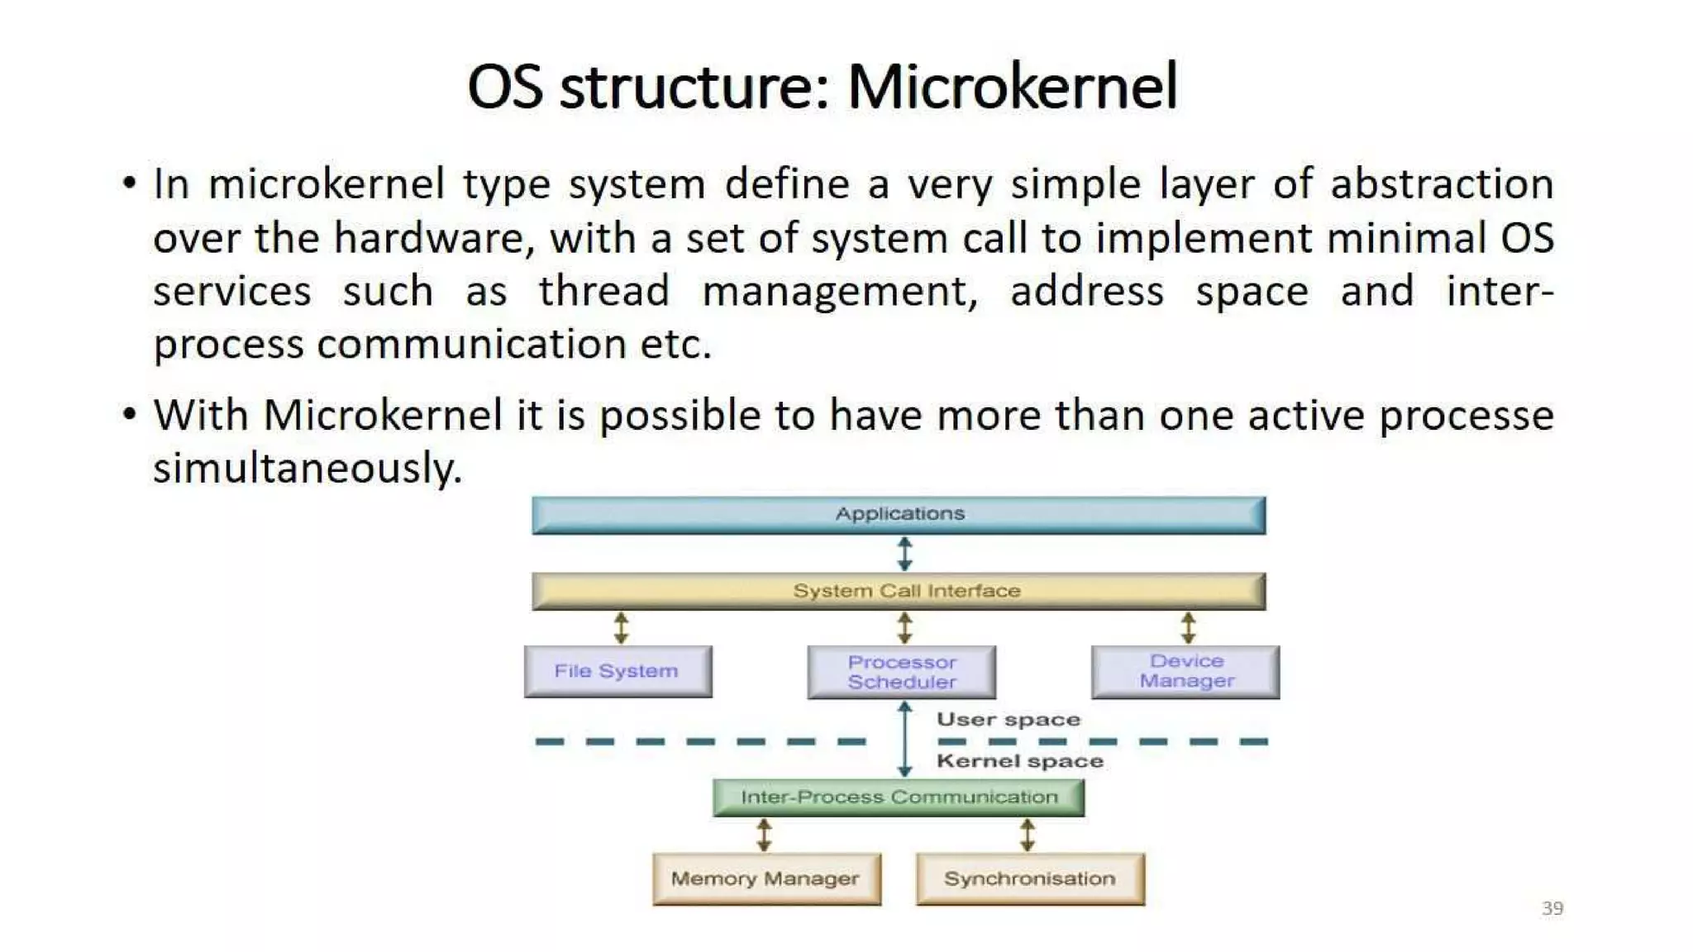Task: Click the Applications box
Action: click(x=899, y=515)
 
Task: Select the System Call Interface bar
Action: click(x=899, y=592)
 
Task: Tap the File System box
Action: click(x=618, y=671)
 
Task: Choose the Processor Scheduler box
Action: click(x=901, y=672)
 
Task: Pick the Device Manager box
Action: click(x=1185, y=671)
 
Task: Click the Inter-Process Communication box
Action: click(x=899, y=797)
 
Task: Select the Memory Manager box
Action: click(x=765, y=878)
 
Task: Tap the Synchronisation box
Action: click(x=1030, y=878)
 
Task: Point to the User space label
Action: click(x=1008, y=720)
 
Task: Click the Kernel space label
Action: click(x=1019, y=761)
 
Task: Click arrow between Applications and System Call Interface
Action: click(x=904, y=554)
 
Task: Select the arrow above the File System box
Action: click(x=621, y=628)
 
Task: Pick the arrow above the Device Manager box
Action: click(x=1188, y=628)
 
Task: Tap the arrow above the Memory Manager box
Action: click(x=764, y=835)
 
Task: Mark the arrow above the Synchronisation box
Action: click(x=1027, y=835)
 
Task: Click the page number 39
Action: click(x=1552, y=908)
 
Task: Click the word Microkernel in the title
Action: click(x=1012, y=87)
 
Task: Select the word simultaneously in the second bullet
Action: click(x=307, y=469)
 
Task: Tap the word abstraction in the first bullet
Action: click(x=1441, y=184)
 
